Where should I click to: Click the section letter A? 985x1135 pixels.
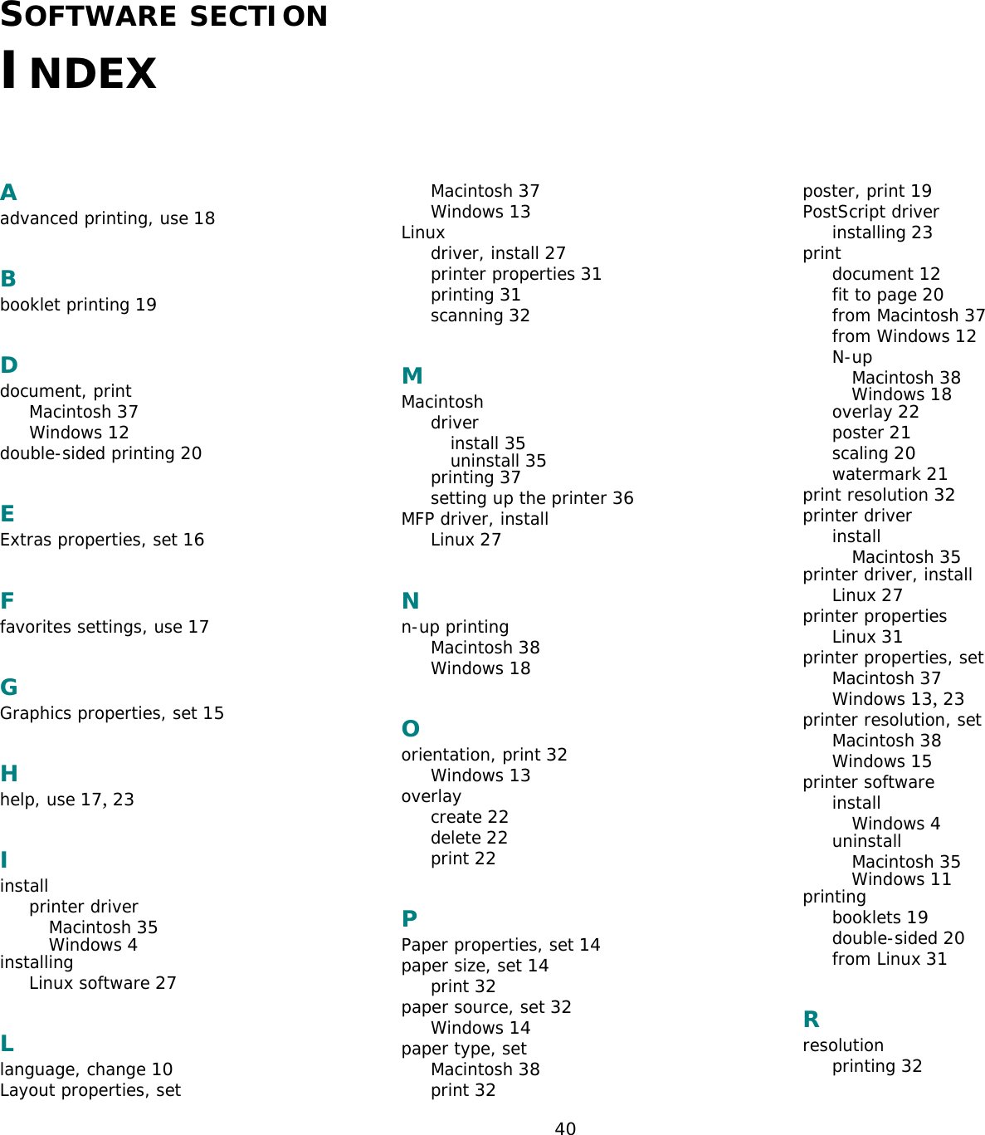click(x=8, y=193)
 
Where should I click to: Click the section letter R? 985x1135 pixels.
click(x=811, y=1020)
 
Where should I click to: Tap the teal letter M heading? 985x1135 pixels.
click(x=412, y=376)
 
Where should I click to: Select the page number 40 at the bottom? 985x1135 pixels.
click(x=565, y=1128)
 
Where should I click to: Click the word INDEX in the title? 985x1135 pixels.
click(x=79, y=71)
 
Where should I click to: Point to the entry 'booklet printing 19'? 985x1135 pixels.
click(x=78, y=305)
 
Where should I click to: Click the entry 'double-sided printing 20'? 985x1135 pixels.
click(x=100, y=453)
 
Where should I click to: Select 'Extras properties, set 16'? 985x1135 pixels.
click(x=102, y=540)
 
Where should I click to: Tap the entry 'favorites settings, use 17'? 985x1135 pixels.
click(x=105, y=627)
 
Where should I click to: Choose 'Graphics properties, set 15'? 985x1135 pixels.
click(x=112, y=713)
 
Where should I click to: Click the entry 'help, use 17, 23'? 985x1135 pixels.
click(x=66, y=800)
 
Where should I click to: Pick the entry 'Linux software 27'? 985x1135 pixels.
click(x=103, y=983)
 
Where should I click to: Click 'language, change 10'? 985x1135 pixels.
click(x=86, y=1069)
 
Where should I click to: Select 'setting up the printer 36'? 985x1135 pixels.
click(x=532, y=498)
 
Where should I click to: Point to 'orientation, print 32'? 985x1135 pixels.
click(x=484, y=755)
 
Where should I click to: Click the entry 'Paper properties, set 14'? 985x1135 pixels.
click(x=500, y=945)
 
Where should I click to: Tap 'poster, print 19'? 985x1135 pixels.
click(x=866, y=191)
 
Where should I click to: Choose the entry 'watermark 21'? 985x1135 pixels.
click(x=890, y=474)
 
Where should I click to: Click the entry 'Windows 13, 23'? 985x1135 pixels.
click(x=898, y=699)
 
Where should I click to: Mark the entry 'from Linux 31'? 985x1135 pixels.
click(x=889, y=959)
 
